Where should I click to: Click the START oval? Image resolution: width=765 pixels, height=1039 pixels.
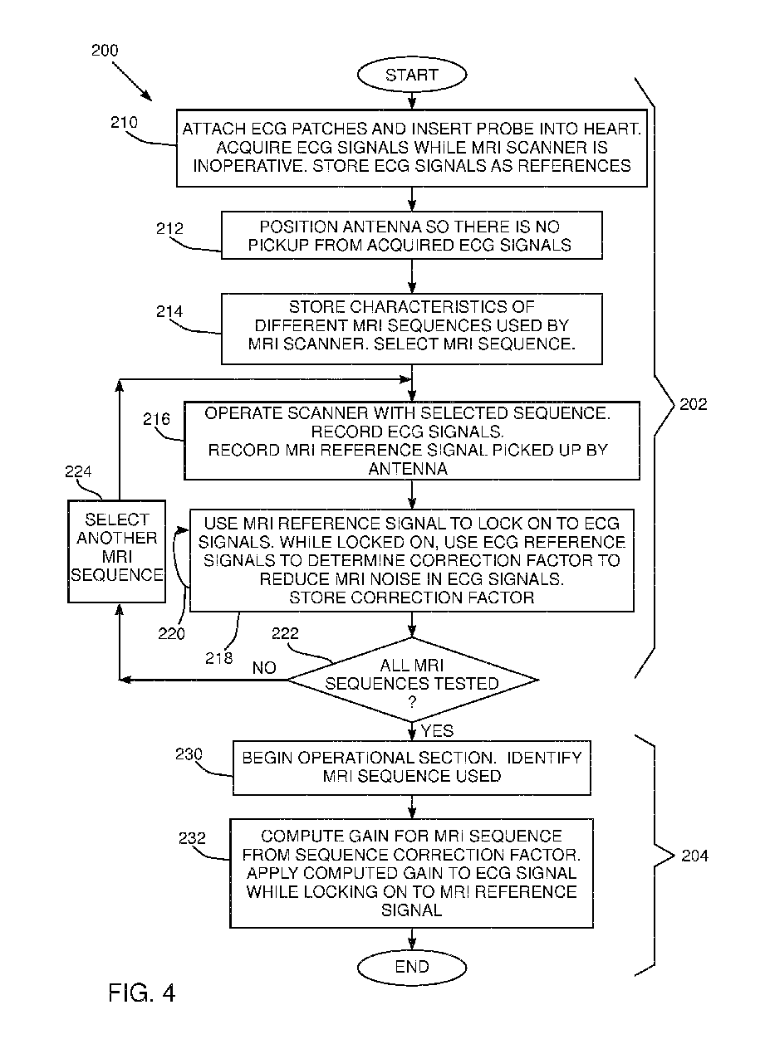412,74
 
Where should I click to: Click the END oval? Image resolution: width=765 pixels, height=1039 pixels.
412,967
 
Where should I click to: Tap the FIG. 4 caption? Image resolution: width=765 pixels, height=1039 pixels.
141,993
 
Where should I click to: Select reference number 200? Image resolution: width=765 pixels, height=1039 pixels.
105,50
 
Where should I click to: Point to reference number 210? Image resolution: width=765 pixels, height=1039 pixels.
124,122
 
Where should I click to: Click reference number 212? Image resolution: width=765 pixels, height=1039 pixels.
169,228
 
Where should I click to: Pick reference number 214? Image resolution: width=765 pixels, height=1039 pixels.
169,311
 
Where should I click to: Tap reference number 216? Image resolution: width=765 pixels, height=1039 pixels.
156,419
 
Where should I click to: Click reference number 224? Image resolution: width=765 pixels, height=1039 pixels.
78,471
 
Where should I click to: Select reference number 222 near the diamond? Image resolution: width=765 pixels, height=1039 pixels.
285,633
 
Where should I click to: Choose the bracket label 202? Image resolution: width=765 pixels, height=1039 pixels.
693,404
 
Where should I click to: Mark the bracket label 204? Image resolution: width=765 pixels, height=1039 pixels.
695,856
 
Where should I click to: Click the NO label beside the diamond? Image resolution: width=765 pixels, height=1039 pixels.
264,668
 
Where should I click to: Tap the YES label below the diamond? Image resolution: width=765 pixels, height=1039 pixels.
437,731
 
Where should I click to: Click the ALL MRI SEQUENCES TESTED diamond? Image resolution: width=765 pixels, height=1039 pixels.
412,680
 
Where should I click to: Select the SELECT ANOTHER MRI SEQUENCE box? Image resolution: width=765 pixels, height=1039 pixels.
116,552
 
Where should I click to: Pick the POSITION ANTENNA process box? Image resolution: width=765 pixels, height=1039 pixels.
412,235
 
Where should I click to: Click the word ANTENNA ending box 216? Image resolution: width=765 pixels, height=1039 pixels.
408,469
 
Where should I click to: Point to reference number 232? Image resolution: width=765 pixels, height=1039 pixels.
192,837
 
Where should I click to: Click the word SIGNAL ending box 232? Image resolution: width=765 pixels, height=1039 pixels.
412,910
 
